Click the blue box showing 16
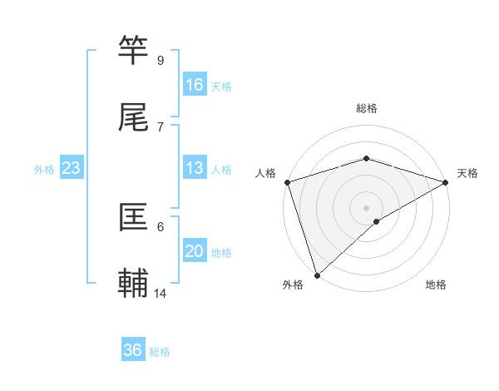pos(195,85)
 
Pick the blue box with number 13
pos(195,168)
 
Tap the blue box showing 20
pos(195,251)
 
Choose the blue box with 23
pos(72,168)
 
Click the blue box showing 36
pos(133,350)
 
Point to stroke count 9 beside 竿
pos(161,61)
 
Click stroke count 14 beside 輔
pos(161,294)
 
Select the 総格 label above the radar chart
pos(367,108)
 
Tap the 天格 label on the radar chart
pos(467,173)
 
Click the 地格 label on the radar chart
pos(436,285)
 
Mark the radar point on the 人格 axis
pos(287,182)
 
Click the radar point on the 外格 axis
pos(317,275)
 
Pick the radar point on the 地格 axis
pos(377,221)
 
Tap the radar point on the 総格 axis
pos(367,158)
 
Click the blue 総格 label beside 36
pos(161,352)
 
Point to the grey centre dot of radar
pos(367,207)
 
